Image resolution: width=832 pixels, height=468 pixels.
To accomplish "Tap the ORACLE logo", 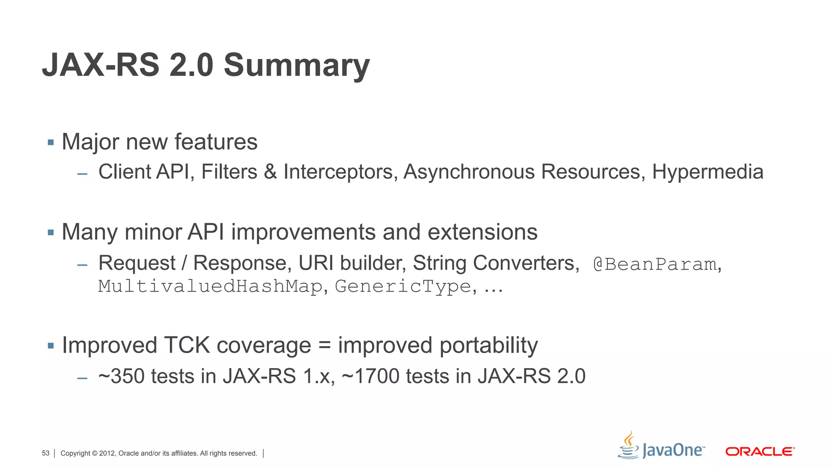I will point(760,451).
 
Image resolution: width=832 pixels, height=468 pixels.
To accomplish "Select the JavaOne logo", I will point(661,447).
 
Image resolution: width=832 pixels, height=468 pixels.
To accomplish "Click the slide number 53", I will point(45,453).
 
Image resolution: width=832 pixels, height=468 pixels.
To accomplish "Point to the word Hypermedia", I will point(708,172).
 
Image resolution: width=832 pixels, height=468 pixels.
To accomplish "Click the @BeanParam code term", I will point(654,264).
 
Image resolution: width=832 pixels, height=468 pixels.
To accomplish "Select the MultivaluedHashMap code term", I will point(210,286).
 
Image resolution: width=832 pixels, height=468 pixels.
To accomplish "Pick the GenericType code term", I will point(403,286).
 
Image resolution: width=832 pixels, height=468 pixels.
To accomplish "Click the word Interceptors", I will point(339,172).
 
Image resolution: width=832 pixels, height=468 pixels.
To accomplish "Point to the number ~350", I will point(121,376).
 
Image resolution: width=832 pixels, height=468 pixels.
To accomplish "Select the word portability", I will point(489,345).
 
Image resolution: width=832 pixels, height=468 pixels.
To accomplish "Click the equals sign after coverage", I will point(325,346).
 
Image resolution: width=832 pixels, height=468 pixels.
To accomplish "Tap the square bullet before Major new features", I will point(51,143).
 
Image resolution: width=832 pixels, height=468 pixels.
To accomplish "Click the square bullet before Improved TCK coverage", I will point(51,346).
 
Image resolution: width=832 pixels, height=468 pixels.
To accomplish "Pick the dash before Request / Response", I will point(82,265).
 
